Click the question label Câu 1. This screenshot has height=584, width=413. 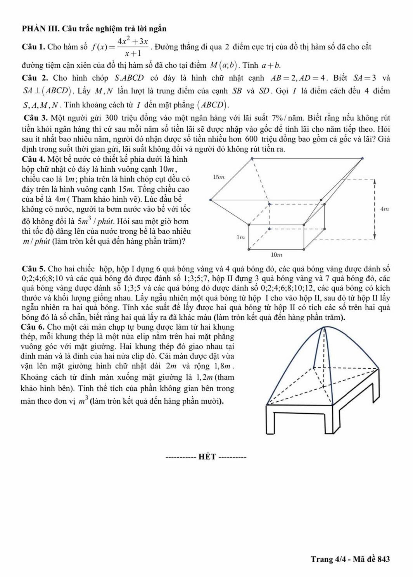tap(33, 47)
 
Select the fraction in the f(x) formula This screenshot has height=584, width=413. tap(133, 47)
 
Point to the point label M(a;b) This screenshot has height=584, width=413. tap(224, 65)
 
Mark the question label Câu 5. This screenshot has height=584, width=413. tap(33, 269)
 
